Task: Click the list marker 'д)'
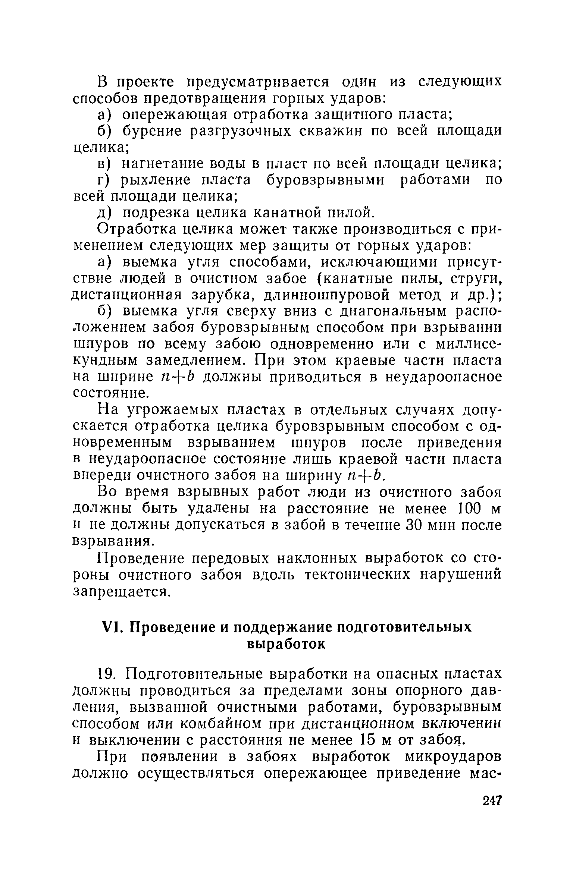point(104,213)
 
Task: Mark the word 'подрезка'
point(157,213)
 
